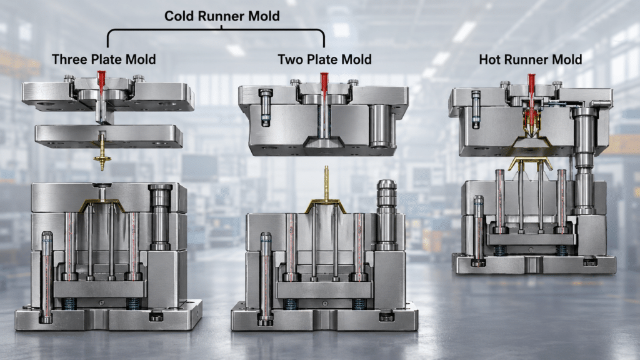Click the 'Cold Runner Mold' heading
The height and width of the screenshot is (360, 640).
tap(222, 16)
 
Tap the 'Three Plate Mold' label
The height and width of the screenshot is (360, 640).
tap(104, 59)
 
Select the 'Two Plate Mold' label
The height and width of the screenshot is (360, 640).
tap(324, 59)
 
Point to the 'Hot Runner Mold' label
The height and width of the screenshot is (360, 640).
tap(530, 59)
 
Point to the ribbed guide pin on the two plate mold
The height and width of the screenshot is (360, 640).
tap(386, 215)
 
